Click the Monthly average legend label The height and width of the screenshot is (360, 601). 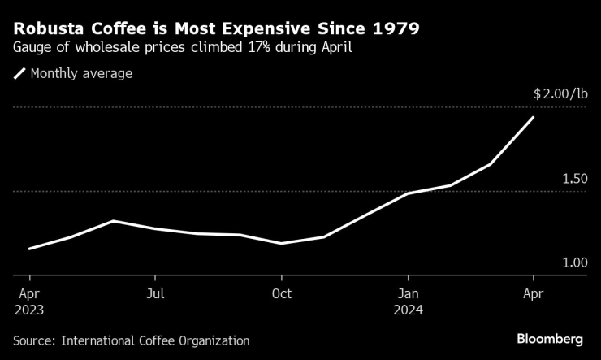[81, 74]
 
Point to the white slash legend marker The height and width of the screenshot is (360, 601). [19, 74]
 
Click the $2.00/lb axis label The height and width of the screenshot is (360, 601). [560, 94]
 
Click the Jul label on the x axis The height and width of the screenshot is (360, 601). [155, 293]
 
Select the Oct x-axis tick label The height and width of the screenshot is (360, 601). [281, 293]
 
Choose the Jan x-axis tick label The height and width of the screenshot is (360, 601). [408, 293]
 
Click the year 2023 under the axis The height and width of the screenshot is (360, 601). [29, 310]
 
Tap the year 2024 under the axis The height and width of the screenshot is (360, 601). [408, 310]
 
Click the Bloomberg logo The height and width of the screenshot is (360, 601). [551, 338]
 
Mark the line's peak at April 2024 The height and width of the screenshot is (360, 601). [533, 118]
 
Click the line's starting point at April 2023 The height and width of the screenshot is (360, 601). [29, 249]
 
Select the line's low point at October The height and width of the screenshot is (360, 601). [281, 243]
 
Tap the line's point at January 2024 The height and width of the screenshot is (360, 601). [408, 193]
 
